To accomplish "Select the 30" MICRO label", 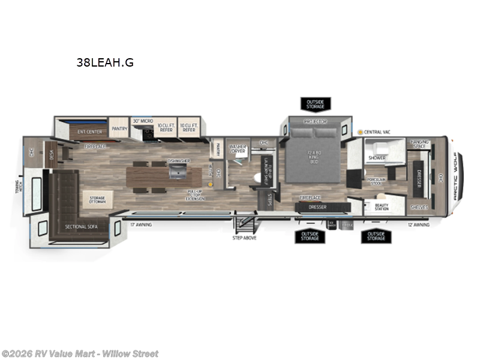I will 143,121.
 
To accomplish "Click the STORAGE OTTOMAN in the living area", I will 98,200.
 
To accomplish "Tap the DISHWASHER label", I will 178,161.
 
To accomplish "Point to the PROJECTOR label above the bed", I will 314,122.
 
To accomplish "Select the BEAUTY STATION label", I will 382,208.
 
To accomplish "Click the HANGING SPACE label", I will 420,144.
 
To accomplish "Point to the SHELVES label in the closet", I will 419,207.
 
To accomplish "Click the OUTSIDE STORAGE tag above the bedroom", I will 315,105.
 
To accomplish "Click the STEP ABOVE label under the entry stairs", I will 244,238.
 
